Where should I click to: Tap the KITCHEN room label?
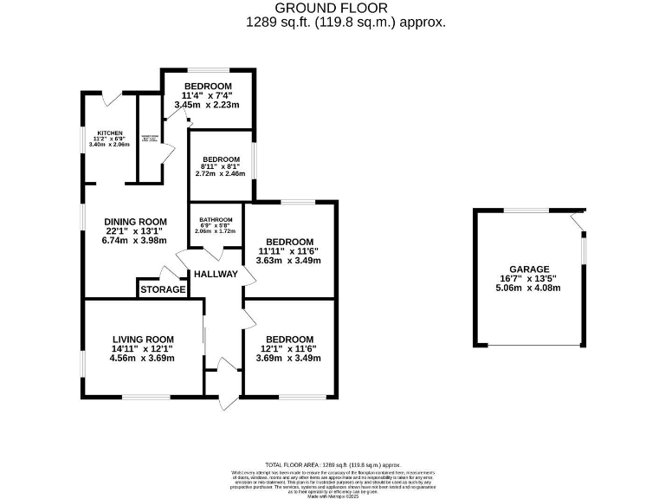click(109, 133)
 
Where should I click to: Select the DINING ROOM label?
click(135, 221)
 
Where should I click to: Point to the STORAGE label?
click(163, 289)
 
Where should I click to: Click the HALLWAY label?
click(216, 274)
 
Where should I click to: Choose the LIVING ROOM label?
click(143, 339)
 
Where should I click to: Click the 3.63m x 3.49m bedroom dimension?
click(289, 261)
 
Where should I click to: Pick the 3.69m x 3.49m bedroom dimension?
click(289, 358)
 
